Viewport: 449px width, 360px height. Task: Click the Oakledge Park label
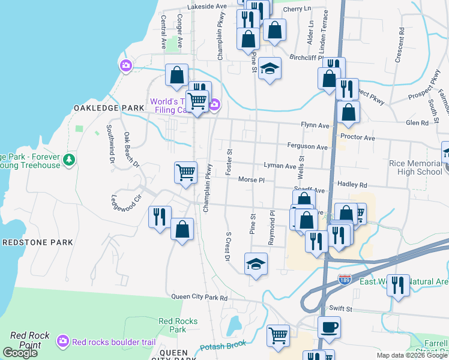click(x=109, y=107)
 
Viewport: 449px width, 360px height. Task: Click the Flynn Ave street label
click(x=316, y=125)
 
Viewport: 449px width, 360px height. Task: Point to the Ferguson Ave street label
click(x=307, y=146)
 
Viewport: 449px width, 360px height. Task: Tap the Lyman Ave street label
click(x=280, y=166)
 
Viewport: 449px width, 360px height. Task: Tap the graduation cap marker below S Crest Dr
click(x=256, y=264)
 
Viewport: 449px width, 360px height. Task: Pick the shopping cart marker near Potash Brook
click(x=279, y=336)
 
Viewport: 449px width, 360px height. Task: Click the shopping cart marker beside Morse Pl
click(x=185, y=173)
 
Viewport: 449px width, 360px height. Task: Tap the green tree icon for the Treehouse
click(x=70, y=160)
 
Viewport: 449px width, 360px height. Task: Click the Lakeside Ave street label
click(x=207, y=7)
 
